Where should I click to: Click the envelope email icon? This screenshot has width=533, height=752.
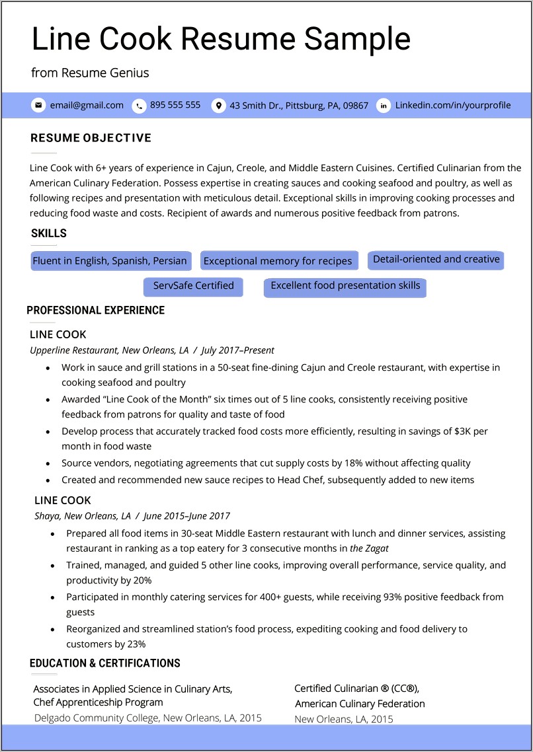pyautogui.click(x=38, y=105)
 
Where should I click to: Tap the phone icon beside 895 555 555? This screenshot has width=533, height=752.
pyautogui.click(x=139, y=106)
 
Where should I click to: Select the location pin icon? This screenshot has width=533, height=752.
pyautogui.click(x=218, y=106)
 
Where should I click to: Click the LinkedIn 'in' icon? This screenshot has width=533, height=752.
pyautogui.click(x=384, y=106)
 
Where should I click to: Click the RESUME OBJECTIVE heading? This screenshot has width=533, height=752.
pyautogui.click(x=91, y=138)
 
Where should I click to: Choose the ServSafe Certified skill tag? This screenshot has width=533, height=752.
pyautogui.click(x=193, y=286)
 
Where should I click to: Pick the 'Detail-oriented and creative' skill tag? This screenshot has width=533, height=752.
pyautogui.click(x=436, y=260)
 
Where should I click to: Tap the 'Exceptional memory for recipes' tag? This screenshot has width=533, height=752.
pyautogui.click(x=278, y=261)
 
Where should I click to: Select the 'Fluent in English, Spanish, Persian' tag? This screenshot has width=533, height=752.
pyautogui.click(x=110, y=261)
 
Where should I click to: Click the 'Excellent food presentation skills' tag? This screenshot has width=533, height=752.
pyautogui.click(x=345, y=286)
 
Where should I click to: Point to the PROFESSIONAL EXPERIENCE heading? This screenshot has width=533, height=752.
pyautogui.click(x=95, y=311)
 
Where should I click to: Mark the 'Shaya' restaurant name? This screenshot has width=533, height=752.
pyautogui.click(x=47, y=516)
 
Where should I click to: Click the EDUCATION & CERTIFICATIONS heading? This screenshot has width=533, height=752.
pyautogui.click(x=105, y=663)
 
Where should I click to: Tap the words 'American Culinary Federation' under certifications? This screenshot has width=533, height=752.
pyautogui.click(x=360, y=704)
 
